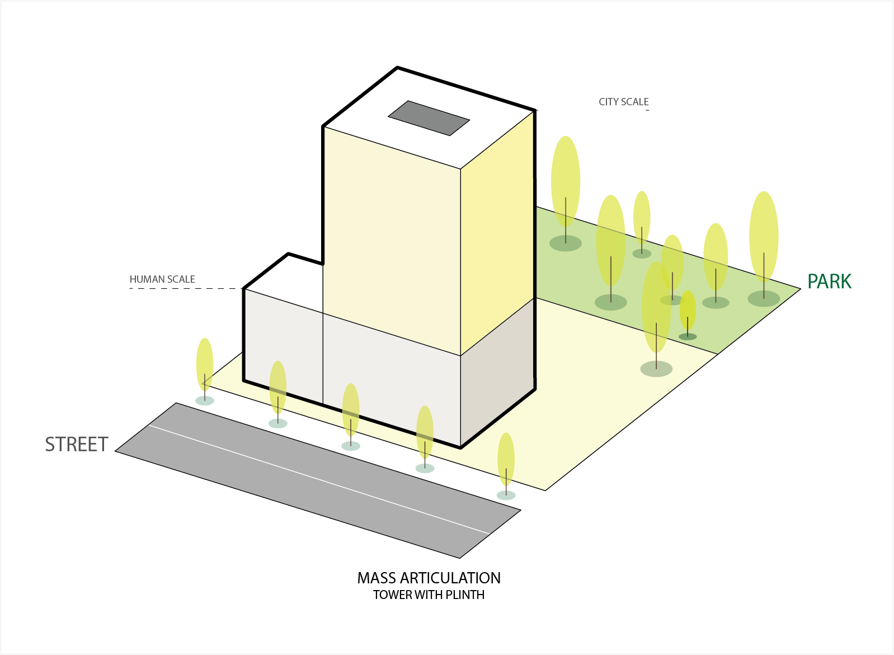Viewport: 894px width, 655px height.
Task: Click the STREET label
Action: [77, 445]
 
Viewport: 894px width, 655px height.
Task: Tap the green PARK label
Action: [829, 282]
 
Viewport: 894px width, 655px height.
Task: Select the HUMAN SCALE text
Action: [162, 279]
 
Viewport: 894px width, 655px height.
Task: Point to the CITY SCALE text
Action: [623, 102]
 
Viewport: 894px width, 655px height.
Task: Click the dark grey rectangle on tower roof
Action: [429, 118]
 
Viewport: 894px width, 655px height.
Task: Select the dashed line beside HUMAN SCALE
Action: [185, 288]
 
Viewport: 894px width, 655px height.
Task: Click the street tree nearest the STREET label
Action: [205, 367]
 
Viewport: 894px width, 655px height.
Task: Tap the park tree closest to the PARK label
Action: [764, 238]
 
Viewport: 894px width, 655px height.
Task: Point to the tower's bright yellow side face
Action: [497, 235]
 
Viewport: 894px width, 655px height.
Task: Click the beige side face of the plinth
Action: [497, 372]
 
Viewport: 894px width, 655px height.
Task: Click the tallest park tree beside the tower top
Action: [566, 182]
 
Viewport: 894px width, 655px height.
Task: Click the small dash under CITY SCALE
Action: [647, 110]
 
